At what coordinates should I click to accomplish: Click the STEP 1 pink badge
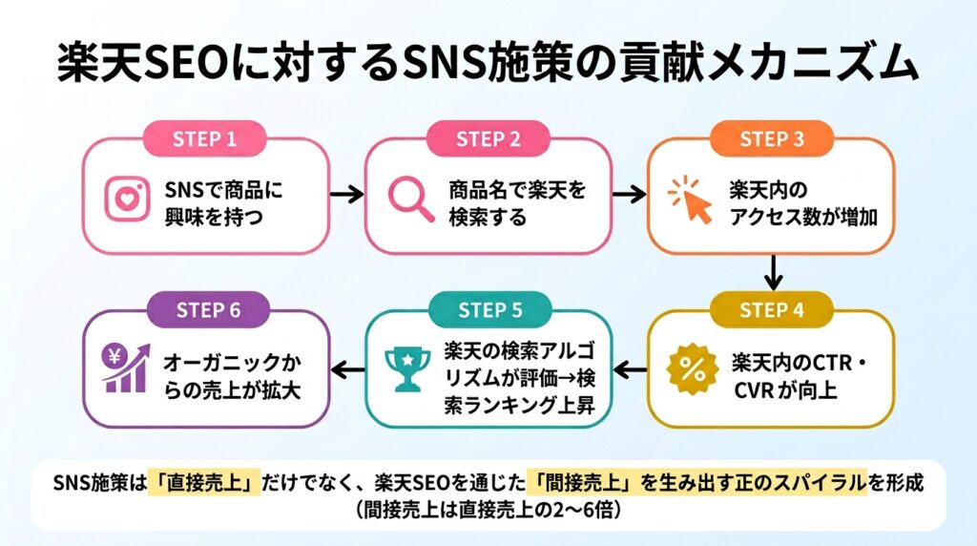coord(205,138)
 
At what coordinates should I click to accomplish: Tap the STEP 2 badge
coord(488,138)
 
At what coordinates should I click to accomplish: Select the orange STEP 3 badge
coord(771,138)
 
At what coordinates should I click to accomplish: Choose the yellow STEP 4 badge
coord(771,310)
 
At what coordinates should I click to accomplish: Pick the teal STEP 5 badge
coord(490,310)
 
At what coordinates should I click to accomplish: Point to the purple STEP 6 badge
coord(208,310)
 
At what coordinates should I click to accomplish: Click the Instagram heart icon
coord(127,199)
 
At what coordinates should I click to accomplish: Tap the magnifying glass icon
coord(410,199)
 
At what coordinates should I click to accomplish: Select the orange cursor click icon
coord(691,199)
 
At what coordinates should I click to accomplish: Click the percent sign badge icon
coord(693,369)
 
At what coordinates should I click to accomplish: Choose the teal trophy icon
coord(407,369)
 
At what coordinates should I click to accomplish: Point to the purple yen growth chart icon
coord(127,368)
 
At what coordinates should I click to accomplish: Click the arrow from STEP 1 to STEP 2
coord(346,195)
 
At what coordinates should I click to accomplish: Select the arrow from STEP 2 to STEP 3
coord(630,195)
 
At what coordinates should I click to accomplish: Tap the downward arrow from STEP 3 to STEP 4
coord(773,272)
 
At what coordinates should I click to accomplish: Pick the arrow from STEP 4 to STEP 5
coord(630,371)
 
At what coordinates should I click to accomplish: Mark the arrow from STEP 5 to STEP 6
coord(347,371)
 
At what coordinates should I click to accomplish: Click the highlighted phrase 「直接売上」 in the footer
coord(204,482)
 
